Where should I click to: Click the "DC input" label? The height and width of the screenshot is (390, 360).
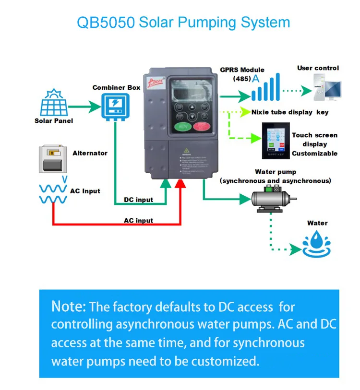(138, 200)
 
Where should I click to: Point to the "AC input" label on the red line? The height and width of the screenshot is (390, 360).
(138, 220)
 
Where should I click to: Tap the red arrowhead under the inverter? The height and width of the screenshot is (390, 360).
(181, 183)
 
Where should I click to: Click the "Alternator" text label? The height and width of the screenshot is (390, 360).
(90, 153)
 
